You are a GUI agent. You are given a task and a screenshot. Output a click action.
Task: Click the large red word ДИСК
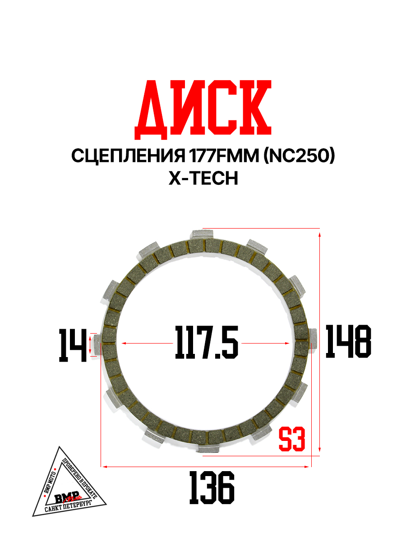(x=203, y=110)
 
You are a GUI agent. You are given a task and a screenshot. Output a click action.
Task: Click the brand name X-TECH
(x=203, y=179)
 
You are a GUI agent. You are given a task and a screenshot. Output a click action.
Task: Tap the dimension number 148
(x=348, y=342)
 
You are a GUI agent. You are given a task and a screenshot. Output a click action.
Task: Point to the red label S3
(x=292, y=440)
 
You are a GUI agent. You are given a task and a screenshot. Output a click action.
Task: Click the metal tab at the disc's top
(x=198, y=235)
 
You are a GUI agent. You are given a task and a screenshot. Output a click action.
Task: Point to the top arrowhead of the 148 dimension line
(x=320, y=234)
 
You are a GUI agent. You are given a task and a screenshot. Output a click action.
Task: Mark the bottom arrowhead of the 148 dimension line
(x=320, y=449)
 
